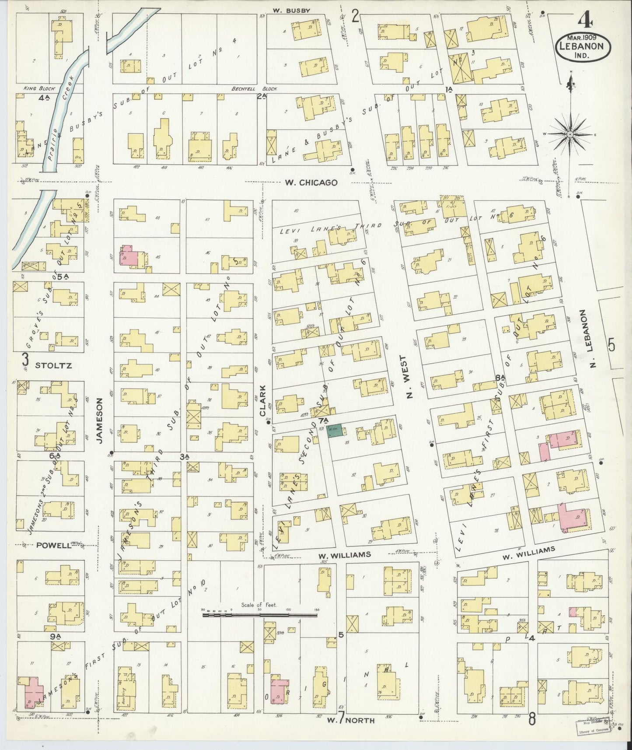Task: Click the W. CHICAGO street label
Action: click(311, 182)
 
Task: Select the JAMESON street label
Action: click(100, 421)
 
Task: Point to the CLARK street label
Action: click(263, 400)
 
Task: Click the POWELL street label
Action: click(54, 545)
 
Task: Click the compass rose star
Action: click(570, 134)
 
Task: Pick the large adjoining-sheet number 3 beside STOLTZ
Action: click(25, 360)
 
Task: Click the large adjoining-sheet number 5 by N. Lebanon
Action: click(611, 346)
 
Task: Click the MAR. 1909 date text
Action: click(584, 37)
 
